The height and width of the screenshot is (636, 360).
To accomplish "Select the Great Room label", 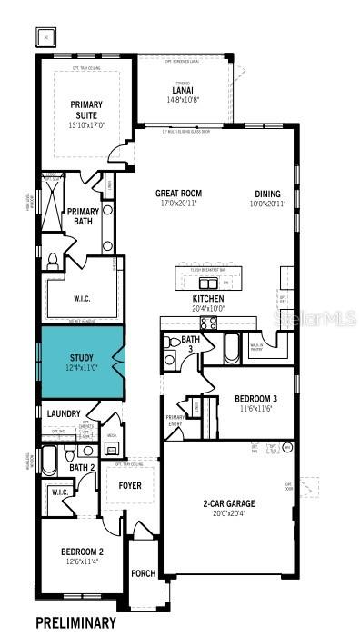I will (x=177, y=193).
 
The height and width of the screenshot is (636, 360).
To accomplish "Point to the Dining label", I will (x=267, y=193).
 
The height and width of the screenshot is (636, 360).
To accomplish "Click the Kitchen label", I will (x=207, y=298).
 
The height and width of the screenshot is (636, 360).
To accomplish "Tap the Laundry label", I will (x=64, y=413).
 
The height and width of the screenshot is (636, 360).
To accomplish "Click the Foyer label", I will (x=130, y=485).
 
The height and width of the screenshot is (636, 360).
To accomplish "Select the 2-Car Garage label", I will (x=228, y=503).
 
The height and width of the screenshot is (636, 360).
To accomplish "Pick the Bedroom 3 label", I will (x=256, y=399).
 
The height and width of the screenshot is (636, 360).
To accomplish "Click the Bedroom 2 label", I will (x=82, y=552).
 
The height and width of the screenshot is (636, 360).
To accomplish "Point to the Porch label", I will (x=143, y=573).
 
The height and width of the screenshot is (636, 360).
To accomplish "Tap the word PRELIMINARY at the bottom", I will (x=75, y=623).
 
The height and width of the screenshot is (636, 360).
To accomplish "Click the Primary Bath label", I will (x=83, y=216).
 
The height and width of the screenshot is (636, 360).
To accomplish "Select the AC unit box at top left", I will (x=45, y=37).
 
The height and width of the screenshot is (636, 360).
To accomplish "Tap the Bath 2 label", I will (x=83, y=467).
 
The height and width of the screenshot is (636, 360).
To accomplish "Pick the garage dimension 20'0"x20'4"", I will (x=228, y=513).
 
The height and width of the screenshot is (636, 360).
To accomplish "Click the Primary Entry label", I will (x=175, y=419).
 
